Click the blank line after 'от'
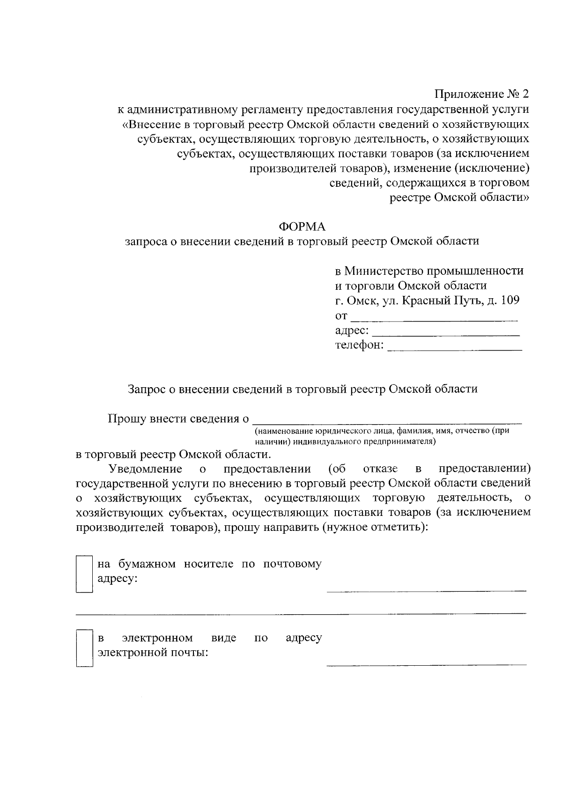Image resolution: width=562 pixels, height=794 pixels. point(434,320)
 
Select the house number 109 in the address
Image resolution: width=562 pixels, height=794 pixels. point(510,300)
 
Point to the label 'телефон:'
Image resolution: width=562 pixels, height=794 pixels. point(359,346)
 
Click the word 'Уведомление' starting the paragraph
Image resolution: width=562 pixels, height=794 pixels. point(145,469)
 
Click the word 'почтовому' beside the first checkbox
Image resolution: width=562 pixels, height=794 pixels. point(292,564)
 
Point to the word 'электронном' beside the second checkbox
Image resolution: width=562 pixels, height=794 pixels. point(157,638)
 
